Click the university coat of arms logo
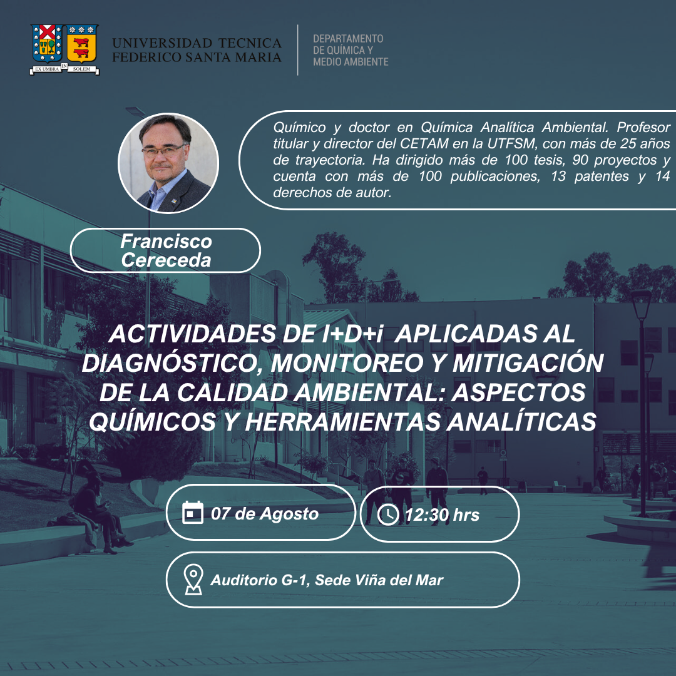coord(64,49)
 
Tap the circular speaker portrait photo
coord(168,163)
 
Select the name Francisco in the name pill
coord(166,241)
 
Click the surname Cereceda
coord(166,260)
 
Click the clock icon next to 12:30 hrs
coord(388,515)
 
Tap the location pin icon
coord(193,580)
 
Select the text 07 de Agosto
coord(265,513)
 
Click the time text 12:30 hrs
coord(442,515)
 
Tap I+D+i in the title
coord(352,334)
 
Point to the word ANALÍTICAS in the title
coord(521,421)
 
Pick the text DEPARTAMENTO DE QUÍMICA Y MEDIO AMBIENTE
coord(351,50)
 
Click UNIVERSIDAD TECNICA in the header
coord(197,43)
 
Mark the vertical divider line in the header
coord(298,50)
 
